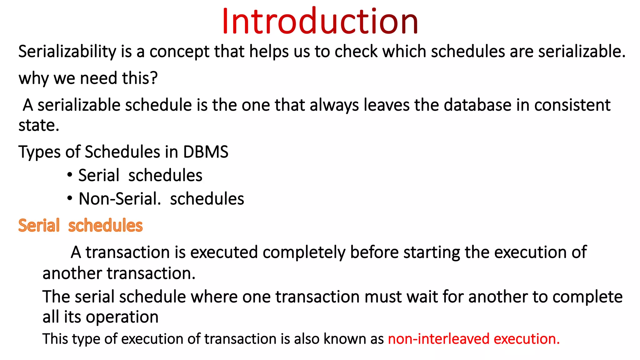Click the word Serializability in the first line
coord(67,52)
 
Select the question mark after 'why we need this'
coord(154,78)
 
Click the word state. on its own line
coord(39,126)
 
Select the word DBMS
coord(206,152)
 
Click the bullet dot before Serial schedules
coord(70,175)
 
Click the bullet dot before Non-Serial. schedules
coord(70,198)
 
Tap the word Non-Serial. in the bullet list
coord(120,199)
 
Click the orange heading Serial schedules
coord(80,226)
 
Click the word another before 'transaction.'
coord(72,273)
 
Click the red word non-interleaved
coord(438,339)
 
